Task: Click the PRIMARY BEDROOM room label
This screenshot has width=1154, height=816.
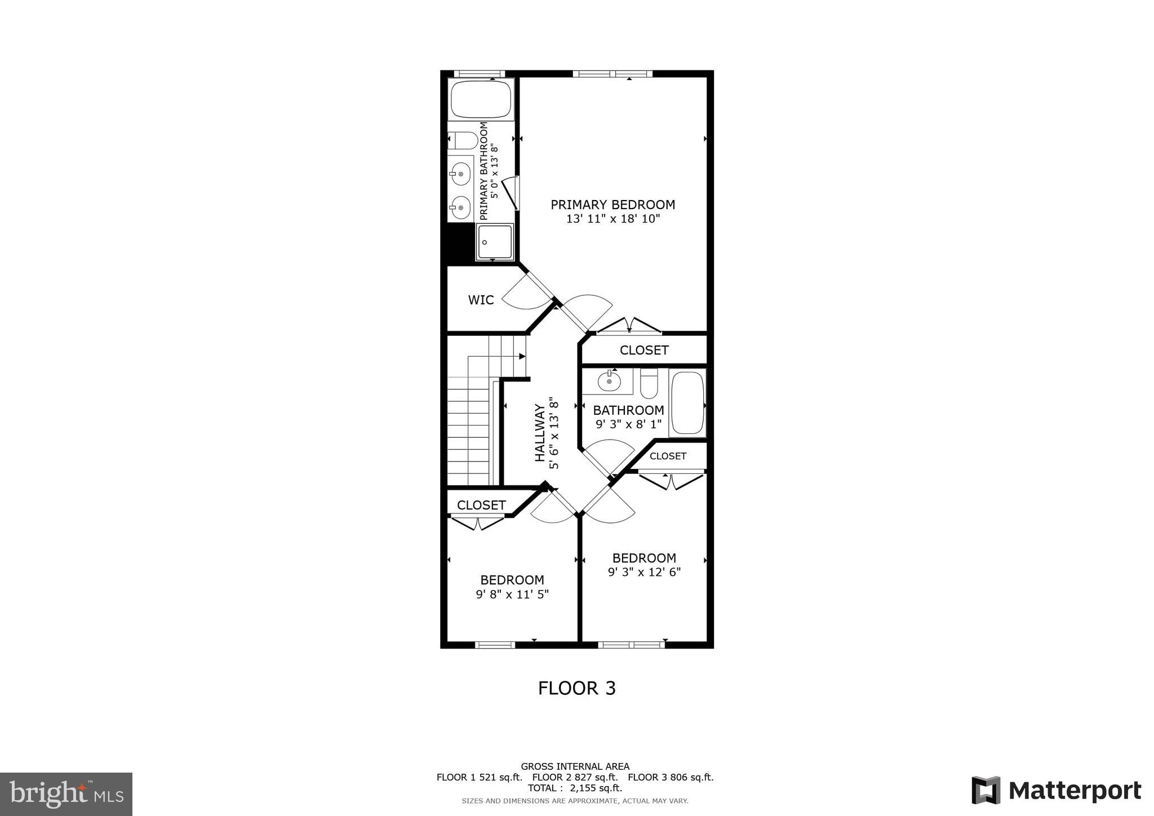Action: pos(612,205)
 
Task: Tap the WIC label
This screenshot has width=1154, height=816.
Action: pos(481,300)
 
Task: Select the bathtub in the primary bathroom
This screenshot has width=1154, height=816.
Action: pos(481,99)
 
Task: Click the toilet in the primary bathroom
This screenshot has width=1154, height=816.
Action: pos(463,140)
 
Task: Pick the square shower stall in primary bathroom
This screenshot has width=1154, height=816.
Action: pos(495,242)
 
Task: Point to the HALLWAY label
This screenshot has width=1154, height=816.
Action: pos(540,433)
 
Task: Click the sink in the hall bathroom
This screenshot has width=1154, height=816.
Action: pos(609,382)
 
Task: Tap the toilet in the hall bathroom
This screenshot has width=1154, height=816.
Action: pos(649,383)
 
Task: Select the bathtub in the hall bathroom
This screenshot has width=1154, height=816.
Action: pos(687,402)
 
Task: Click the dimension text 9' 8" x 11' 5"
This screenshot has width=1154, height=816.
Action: pos(512,594)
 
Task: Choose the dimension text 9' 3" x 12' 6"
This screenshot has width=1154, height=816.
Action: pos(644,572)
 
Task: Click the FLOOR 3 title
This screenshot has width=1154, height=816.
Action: pos(576,688)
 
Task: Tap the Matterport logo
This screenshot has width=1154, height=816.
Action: pos(1056,790)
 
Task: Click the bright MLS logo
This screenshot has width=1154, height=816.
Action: pos(66,795)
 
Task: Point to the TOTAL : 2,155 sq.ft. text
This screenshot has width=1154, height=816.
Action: pos(575,788)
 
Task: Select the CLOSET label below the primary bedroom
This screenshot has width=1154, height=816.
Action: pos(644,350)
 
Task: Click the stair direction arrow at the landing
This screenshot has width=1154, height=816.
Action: pos(522,356)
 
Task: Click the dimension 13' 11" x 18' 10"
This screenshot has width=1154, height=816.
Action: pos(612,219)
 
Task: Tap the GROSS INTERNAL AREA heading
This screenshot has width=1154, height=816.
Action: pos(575,766)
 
